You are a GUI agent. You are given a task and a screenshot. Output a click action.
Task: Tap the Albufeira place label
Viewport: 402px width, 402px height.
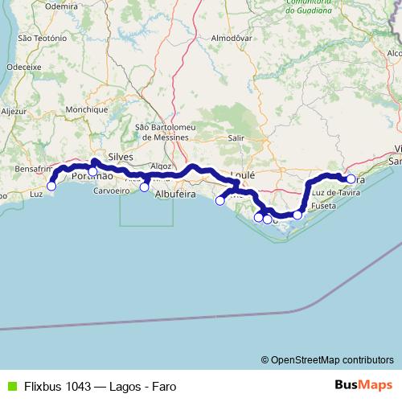(x=176, y=195)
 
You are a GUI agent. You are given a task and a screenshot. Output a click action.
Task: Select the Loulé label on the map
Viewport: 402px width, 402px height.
(x=242, y=174)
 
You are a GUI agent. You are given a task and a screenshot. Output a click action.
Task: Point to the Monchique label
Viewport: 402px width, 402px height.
(x=87, y=109)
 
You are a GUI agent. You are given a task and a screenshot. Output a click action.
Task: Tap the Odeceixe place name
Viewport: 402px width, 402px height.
(x=23, y=67)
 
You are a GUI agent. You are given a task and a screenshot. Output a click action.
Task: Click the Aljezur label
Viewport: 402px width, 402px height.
(x=14, y=112)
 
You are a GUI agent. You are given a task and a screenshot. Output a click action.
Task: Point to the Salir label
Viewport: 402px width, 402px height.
(x=236, y=137)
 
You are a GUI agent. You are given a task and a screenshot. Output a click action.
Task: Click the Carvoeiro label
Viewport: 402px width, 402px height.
(x=111, y=191)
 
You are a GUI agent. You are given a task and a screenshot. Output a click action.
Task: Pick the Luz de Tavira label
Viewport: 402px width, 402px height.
(x=334, y=194)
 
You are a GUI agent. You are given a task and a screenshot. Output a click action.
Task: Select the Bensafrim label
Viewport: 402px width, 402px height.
(x=34, y=170)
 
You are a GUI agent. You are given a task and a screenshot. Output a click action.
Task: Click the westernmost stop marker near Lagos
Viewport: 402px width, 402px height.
(x=51, y=186)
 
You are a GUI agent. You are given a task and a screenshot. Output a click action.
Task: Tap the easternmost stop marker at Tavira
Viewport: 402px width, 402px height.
(x=351, y=179)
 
